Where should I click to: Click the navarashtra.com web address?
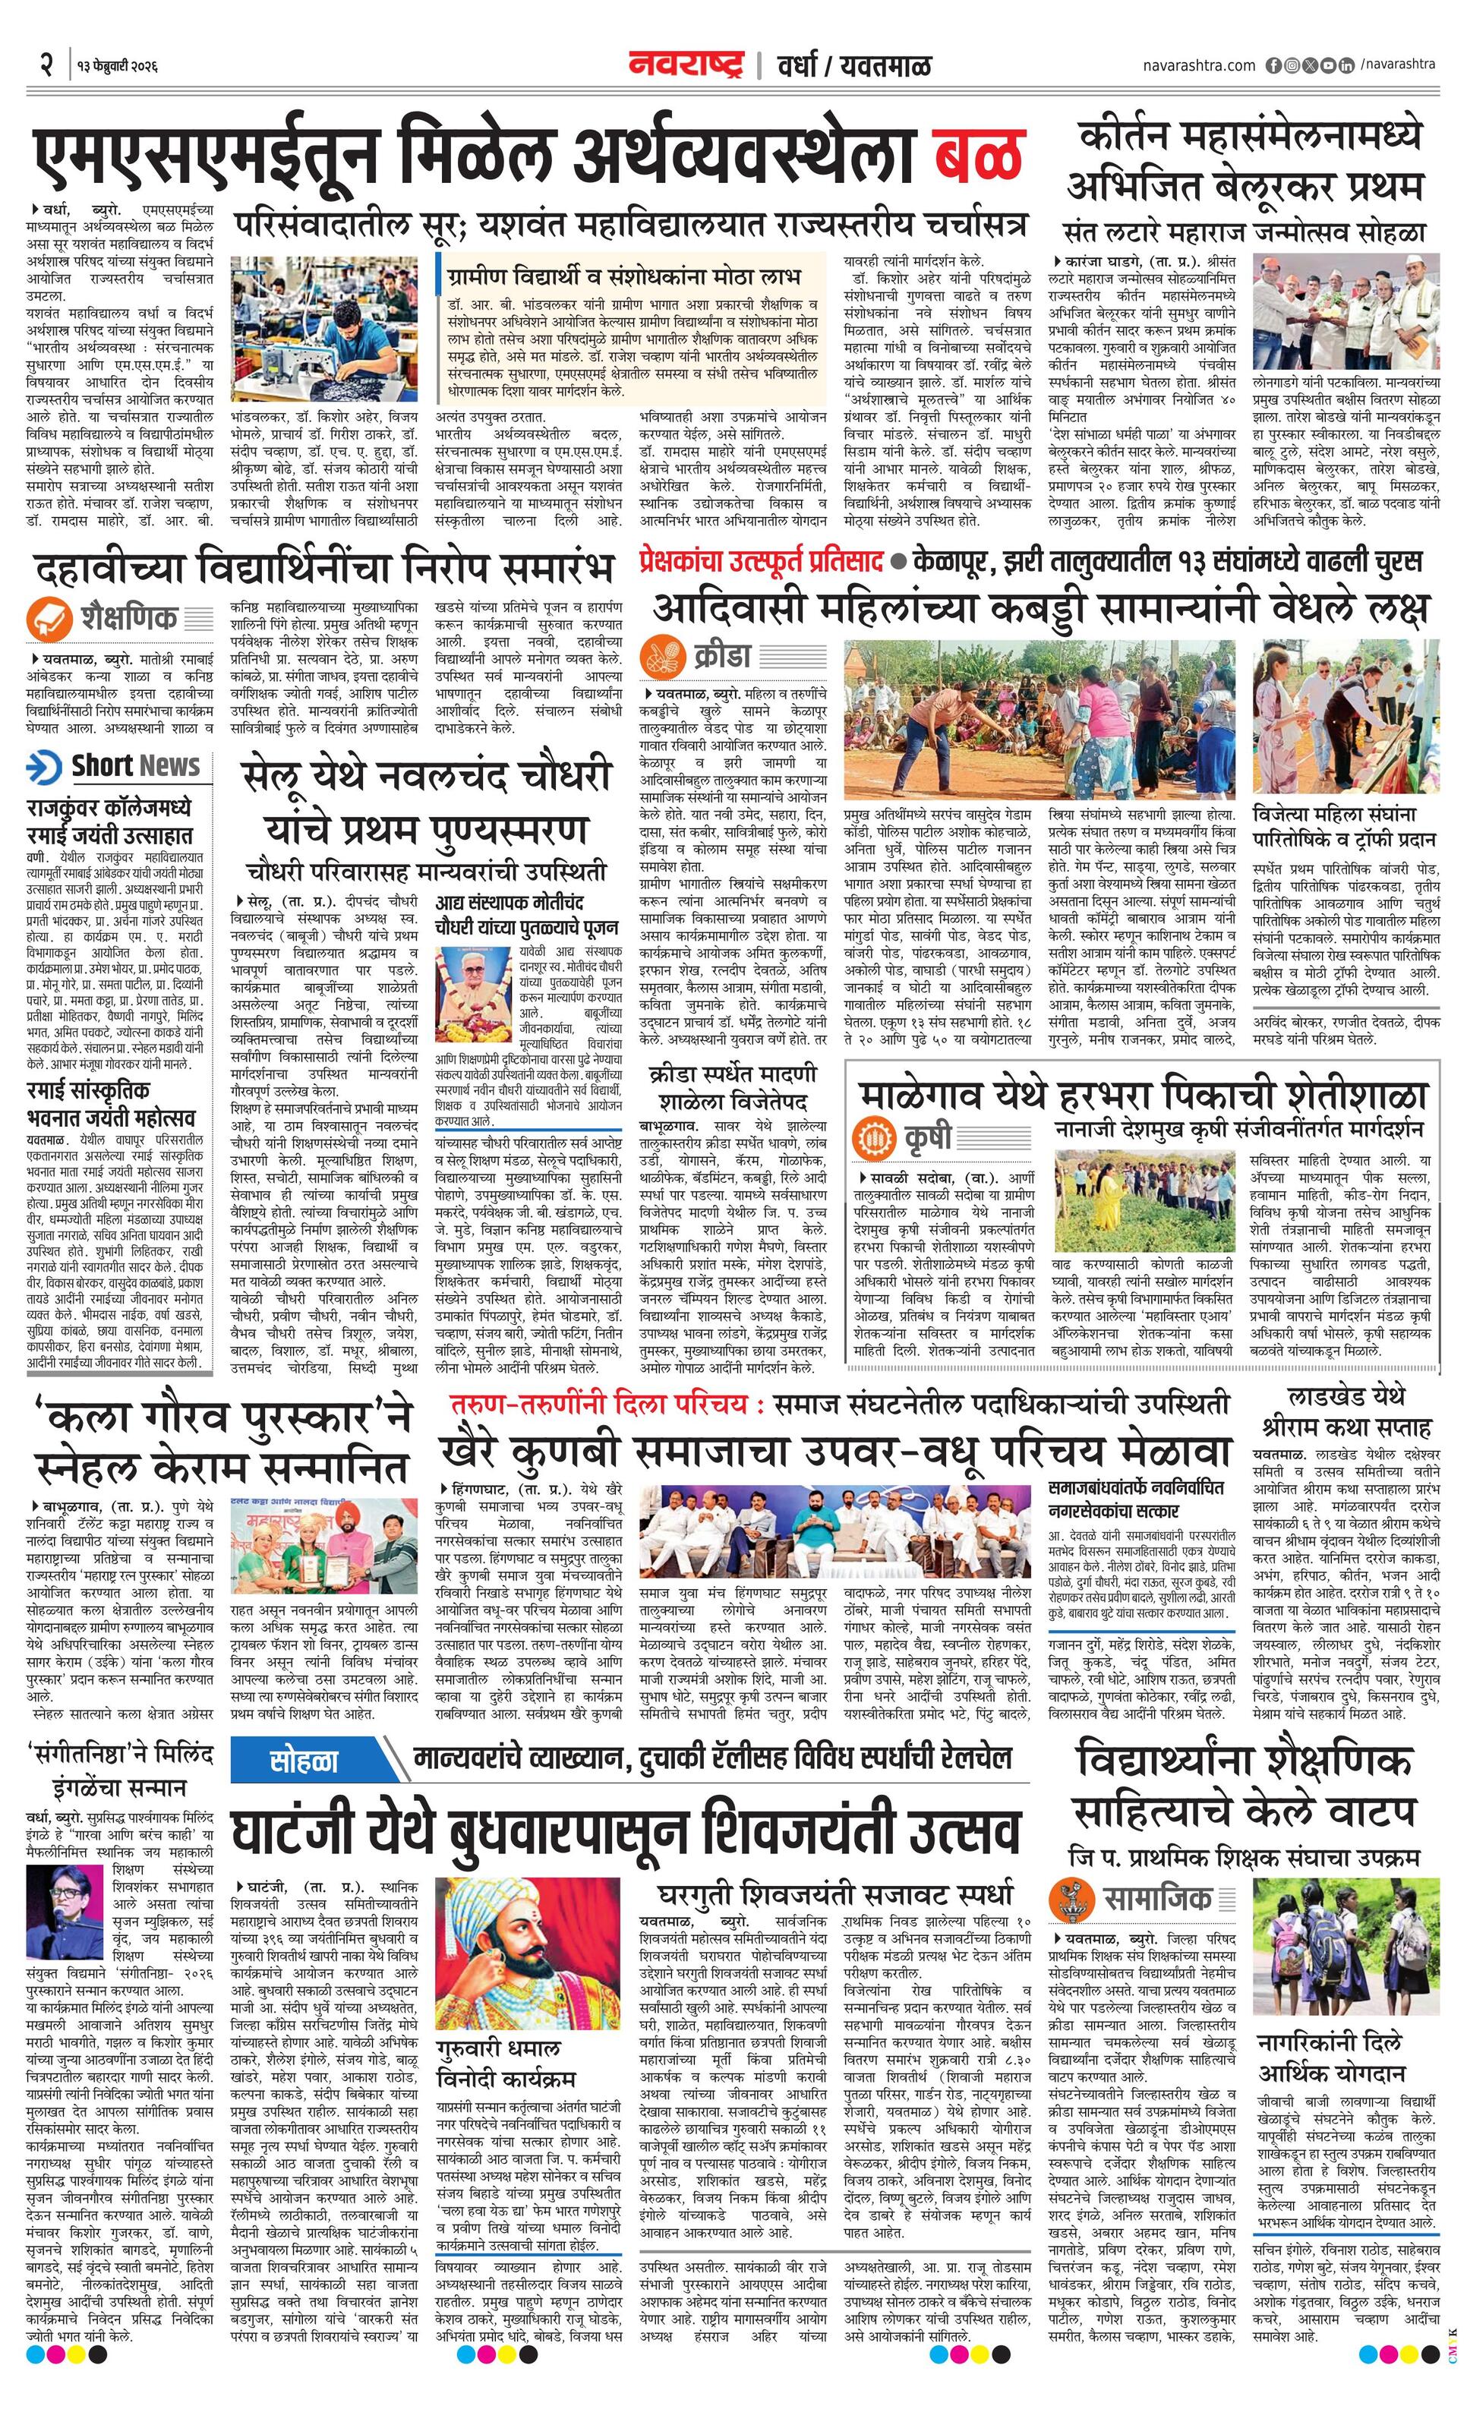(1198, 65)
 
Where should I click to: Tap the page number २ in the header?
(46, 67)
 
